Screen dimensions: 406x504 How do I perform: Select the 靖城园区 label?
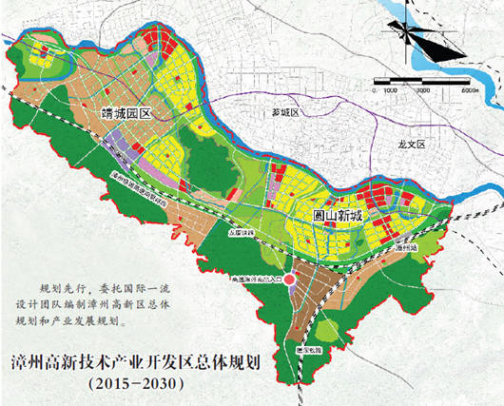point(127,114)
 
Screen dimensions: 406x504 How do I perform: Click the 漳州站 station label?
point(406,246)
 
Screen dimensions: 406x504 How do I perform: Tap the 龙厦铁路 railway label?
point(246,231)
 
